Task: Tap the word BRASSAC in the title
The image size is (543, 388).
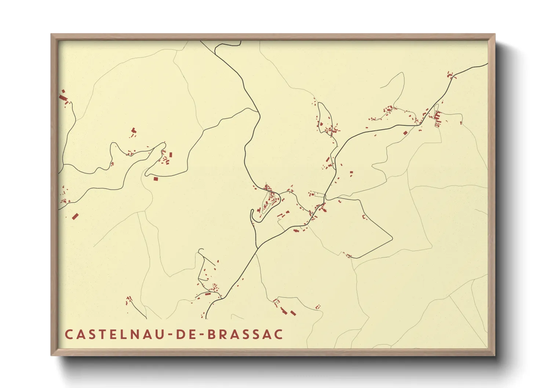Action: (x=245, y=334)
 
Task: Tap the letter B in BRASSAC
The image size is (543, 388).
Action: (x=212, y=334)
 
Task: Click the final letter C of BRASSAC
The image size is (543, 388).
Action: (x=278, y=334)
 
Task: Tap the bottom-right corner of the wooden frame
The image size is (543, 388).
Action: (x=494, y=355)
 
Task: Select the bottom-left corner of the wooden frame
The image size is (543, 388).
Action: (x=52, y=355)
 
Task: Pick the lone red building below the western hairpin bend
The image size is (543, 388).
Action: (x=156, y=179)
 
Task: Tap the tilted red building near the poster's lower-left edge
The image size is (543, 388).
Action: (x=75, y=216)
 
